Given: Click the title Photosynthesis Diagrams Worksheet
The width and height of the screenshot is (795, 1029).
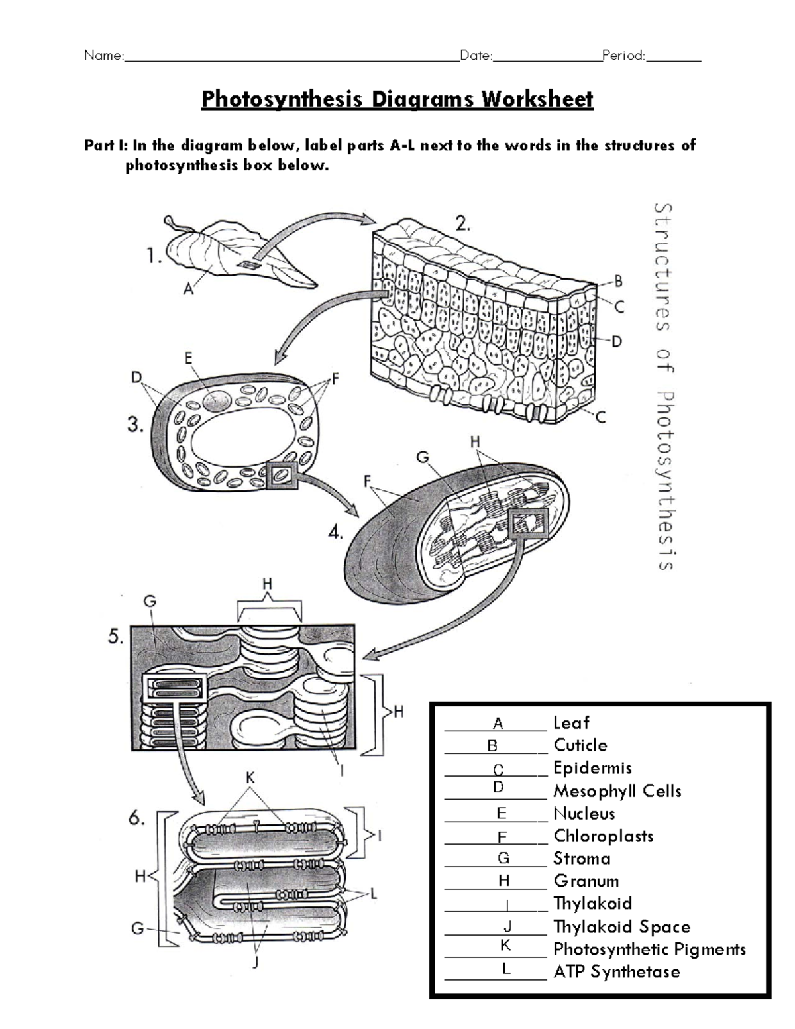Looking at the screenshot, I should point(397,99).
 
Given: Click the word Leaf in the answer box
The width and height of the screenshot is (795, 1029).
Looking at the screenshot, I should point(571,723).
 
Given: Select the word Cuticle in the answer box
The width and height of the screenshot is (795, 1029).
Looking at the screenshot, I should point(580,745).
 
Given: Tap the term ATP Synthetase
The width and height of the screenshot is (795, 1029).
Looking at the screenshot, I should point(617,972).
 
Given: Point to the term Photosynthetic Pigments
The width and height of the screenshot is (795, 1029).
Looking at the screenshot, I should point(649,949).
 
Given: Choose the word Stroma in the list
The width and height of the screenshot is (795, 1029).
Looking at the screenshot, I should point(582,859).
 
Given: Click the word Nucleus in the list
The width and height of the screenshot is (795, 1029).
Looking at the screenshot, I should point(584,814).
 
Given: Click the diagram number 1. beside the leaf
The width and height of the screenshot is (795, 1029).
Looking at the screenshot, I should point(154,256).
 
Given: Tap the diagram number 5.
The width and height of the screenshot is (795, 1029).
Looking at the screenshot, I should point(115,637).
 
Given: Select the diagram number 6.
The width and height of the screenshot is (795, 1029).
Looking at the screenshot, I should point(136,818).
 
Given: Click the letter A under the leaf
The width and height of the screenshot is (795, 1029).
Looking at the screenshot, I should point(188,289).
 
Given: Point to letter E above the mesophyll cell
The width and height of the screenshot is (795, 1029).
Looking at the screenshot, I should point(189,358).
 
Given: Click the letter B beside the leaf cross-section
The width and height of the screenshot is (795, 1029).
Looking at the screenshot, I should point(619,282).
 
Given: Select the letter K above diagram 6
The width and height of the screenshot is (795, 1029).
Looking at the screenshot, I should point(250,778).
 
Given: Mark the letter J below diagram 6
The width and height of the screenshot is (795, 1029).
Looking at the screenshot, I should point(255,964).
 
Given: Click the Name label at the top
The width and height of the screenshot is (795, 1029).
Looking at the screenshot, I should point(103,56).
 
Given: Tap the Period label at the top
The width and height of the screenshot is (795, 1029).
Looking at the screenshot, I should point(623,56).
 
